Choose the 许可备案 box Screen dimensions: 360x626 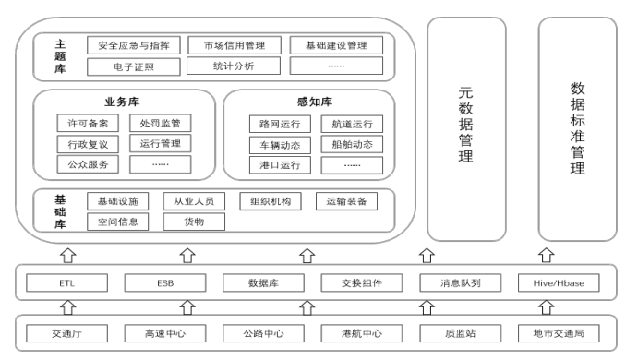click(88, 123)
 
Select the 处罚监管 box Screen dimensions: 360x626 click(160, 123)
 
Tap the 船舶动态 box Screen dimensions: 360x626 click(351, 145)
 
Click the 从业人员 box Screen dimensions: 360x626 click(193, 200)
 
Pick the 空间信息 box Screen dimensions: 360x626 click(117, 222)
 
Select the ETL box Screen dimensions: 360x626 click(65, 283)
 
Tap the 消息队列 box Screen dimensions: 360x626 click(451, 283)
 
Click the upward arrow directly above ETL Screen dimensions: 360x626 click(65, 254)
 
